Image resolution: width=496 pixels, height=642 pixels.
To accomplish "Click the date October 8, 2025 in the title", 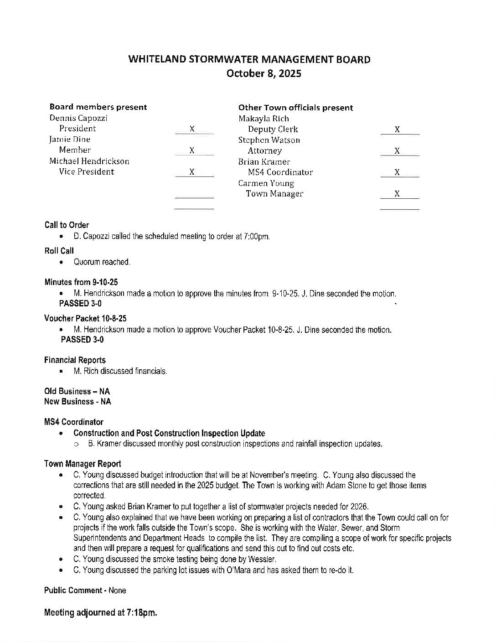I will pos(264,73).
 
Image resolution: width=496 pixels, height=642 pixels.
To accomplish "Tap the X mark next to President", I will pos(192,129).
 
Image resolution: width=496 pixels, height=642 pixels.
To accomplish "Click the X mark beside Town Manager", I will pos(397,194).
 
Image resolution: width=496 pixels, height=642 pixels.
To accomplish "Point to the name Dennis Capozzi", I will pos(78,118).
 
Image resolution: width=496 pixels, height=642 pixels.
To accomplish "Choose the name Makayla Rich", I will pos(263,119).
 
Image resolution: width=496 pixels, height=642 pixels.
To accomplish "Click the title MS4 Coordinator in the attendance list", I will pos(280,172).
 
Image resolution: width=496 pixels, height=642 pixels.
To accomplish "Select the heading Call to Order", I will pos(67,225).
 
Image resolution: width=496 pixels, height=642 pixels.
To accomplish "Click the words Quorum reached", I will pos(102,262).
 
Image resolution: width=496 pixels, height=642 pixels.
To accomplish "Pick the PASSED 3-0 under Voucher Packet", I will pos(82,340).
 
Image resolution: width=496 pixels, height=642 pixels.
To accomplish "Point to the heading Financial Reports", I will pos(75,360).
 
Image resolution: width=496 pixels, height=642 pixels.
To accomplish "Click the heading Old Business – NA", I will pos(77,391).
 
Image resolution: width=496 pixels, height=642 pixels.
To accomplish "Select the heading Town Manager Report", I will pos(83,464).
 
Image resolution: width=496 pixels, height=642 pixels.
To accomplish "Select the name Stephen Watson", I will pos(269,140).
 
